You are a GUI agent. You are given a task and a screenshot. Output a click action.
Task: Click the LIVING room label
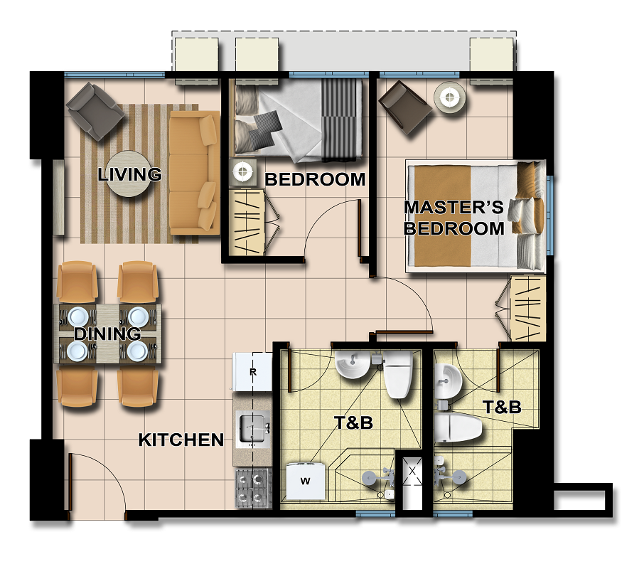click(130, 174)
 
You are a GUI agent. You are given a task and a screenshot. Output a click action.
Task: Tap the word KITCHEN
click(181, 440)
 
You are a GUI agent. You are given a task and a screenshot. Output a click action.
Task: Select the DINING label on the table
click(107, 334)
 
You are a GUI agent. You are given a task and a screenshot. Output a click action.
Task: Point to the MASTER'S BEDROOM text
click(454, 218)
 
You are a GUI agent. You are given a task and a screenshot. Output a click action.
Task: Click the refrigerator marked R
click(252, 372)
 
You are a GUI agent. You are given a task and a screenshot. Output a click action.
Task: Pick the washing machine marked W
click(306, 481)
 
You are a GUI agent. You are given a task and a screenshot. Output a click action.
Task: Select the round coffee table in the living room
click(129, 174)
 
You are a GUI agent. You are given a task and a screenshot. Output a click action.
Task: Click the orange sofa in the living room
click(194, 173)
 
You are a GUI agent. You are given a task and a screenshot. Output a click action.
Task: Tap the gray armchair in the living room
click(95, 112)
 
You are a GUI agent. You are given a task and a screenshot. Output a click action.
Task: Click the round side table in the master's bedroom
click(450, 98)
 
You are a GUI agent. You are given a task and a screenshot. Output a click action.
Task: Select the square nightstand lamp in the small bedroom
click(243, 171)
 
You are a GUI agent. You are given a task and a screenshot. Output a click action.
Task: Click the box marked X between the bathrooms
click(412, 472)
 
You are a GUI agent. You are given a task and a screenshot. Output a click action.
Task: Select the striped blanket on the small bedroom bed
click(342, 119)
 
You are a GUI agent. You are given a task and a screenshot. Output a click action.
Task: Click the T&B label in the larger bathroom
click(353, 422)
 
